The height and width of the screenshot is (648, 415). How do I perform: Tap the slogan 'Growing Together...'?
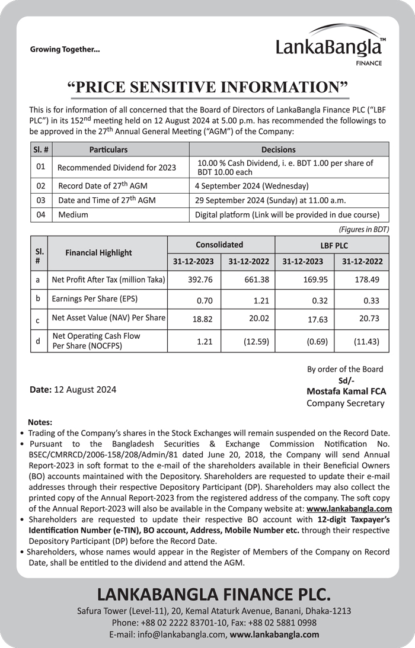pyautogui.click(x=65, y=50)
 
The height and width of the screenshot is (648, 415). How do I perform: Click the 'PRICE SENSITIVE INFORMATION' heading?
pyautogui.click(x=207, y=86)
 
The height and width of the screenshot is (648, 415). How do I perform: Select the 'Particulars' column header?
pyautogui.click(x=108, y=150)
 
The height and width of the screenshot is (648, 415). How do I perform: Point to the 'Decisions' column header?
pyautogui.click(x=278, y=150)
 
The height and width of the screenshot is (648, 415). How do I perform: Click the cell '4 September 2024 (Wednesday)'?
pyautogui.click(x=251, y=185)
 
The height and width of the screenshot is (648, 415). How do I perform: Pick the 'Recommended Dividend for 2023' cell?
pyautogui.click(x=117, y=168)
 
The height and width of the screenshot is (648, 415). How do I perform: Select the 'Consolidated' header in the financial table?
pyautogui.click(x=219, y=244)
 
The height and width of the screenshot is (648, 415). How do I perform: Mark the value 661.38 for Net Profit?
pyautogui.click(x=257, y=279)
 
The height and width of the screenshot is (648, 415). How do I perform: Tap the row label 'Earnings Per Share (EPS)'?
pyautogui.click(x=94, y=299)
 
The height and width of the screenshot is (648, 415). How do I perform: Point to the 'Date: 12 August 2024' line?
pyautogui.click(x=73, y=390)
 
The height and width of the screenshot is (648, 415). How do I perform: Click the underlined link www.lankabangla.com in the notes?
pyautogui.click(x=349, y=509)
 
